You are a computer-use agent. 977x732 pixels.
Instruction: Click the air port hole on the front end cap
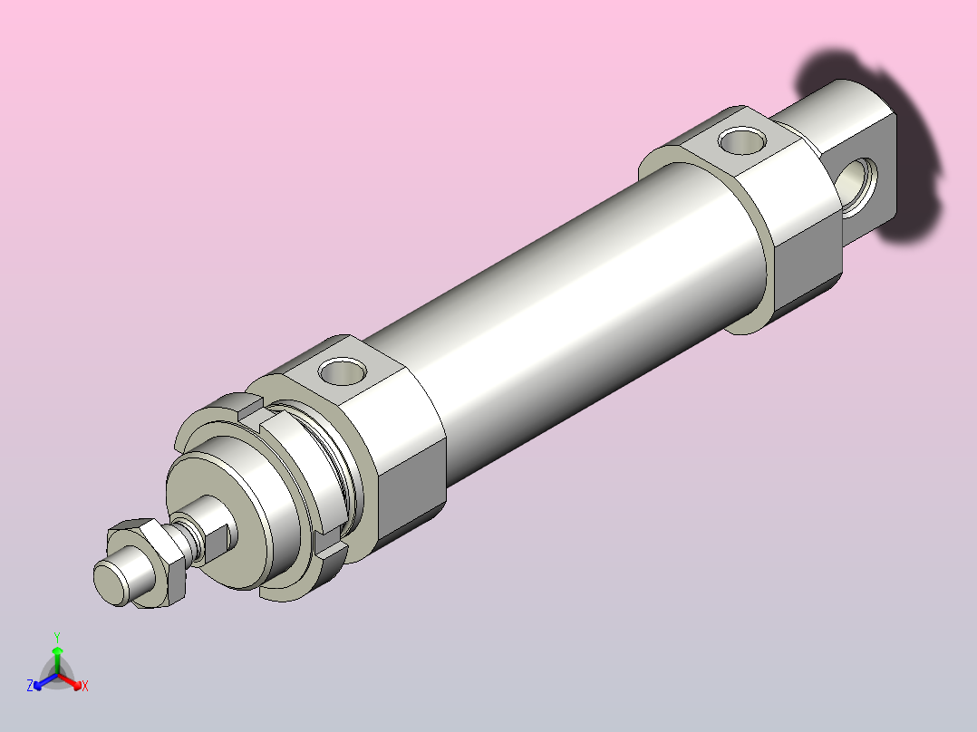click(x=342, y=371)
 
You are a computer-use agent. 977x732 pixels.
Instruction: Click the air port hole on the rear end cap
click(x=742, y=140)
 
